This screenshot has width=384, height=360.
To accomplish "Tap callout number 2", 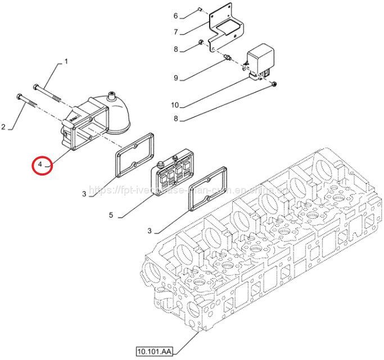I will coord(3,128).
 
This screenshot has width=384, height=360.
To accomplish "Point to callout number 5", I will coord(111,215).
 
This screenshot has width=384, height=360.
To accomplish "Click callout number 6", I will coord(175,15).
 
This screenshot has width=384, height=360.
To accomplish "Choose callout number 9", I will coord(175,78).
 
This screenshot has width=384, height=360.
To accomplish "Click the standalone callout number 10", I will coord(174,105).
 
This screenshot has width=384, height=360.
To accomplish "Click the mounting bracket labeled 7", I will coord(224,28).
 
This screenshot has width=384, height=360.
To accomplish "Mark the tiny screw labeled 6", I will coord(200,9).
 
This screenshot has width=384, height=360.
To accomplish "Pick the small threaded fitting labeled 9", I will coord(228,57).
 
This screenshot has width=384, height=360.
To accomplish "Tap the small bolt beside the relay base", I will coord(273,84).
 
